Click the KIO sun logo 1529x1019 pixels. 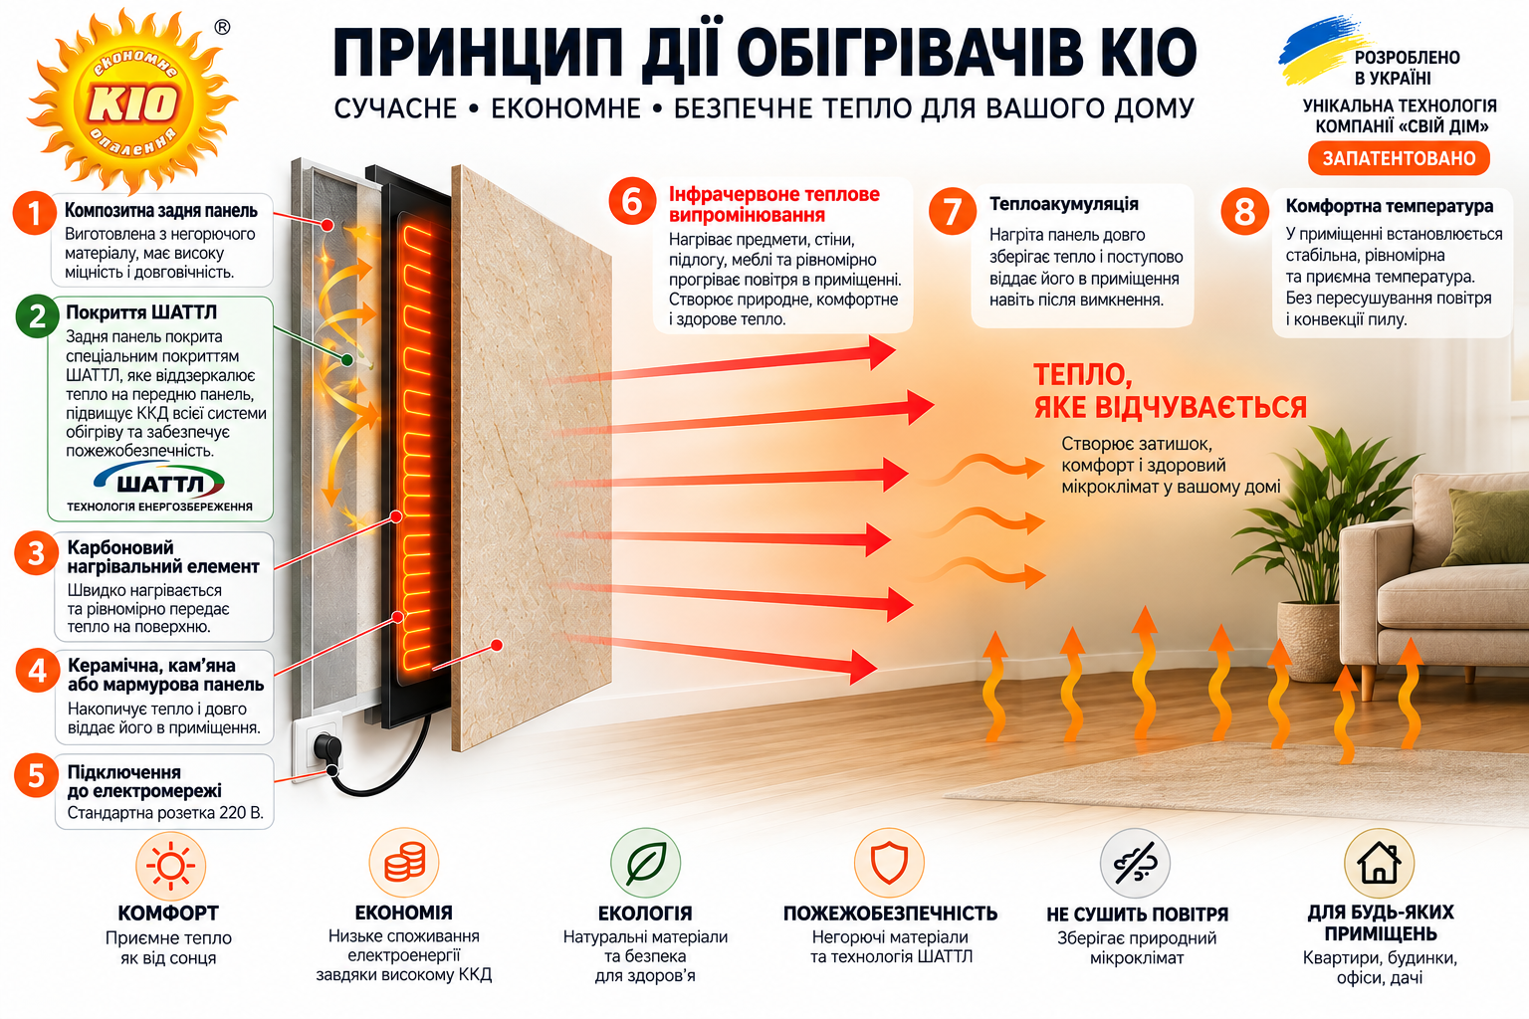pyautogui.click(x=132, y=102)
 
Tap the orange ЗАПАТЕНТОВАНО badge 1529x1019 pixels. pyautogui.click(x=1399, y=158)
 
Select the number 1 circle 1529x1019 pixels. pyautogui.click(x=35, y=213)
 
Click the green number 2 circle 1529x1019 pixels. pyautogui.click(x=38, y=316)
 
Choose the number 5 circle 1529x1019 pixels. pyautogui.click(x=36, y=775)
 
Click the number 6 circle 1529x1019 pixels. pyautogui.click(x=632, y=201)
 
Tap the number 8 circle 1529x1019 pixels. pyautogui.click(x=1244, y=212)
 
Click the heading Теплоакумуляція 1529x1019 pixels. pyautogui.click(x=1063, y=203)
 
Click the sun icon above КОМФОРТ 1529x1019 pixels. pyautogui.click(x=170, y=866)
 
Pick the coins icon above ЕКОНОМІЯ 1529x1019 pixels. pyautogui.click(x=404, y=862)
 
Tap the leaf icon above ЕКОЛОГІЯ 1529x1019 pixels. pyautogui.click(x=646, y=863)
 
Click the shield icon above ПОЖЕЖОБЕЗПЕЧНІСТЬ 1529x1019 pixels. pyautogui.click(x=889, y=863)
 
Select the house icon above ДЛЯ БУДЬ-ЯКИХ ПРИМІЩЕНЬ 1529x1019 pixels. pyautogui.click(x=1379, y=864)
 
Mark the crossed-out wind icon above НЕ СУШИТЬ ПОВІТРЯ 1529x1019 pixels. pyautogui.click(x=1135, y=864)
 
